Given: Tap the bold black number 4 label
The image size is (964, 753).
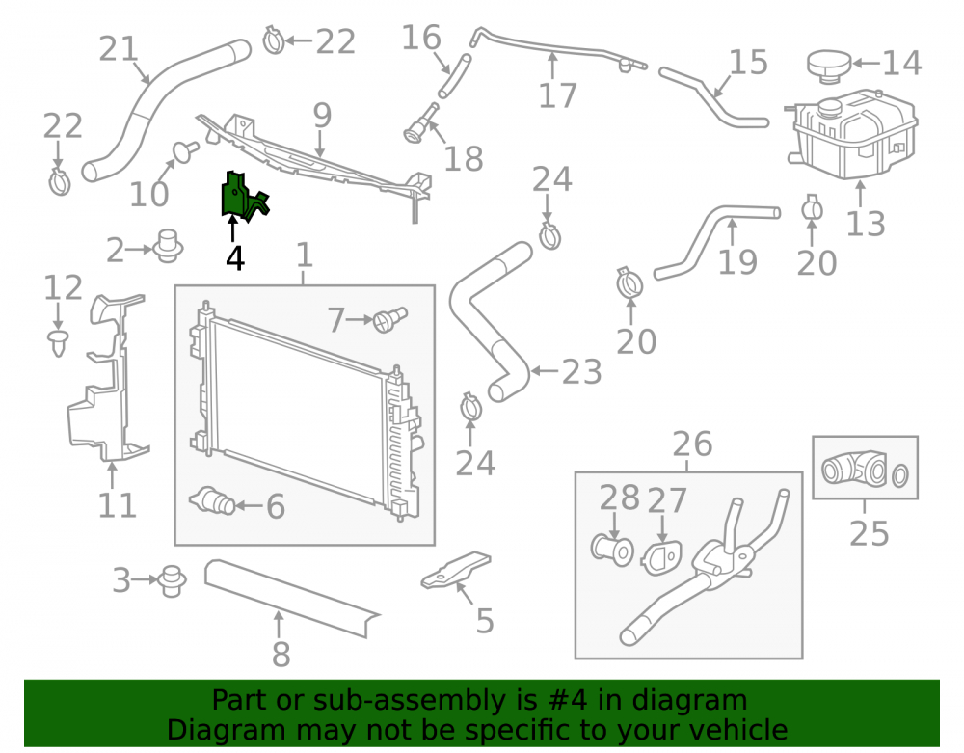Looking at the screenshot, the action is (235, 258).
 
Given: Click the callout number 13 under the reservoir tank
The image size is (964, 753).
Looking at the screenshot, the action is (866, 223).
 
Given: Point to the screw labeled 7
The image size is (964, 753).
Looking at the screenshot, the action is (389, 320).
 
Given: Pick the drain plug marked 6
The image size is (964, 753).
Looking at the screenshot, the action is (213, 502).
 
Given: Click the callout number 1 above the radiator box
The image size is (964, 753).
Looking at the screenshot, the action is (305, 255).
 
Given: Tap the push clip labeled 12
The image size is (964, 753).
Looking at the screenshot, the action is (59, 342).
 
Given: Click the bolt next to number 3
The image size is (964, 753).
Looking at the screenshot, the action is (172, 580).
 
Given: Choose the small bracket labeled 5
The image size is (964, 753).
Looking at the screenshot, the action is (456, 570).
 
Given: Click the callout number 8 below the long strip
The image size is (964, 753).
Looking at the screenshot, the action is (281, 654).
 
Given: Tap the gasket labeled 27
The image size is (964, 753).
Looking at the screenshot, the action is (661, 557).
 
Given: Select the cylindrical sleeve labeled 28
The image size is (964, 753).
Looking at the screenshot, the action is (612, 551).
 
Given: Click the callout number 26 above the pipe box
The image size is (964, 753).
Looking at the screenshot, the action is (692, 444).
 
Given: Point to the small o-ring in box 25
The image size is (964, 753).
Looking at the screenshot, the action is (899, 475).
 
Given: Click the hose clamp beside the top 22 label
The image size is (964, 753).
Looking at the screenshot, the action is (274, 40).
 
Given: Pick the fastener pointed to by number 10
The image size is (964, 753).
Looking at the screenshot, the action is (185, 151).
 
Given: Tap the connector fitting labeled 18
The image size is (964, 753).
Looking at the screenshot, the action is (421, 123).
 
